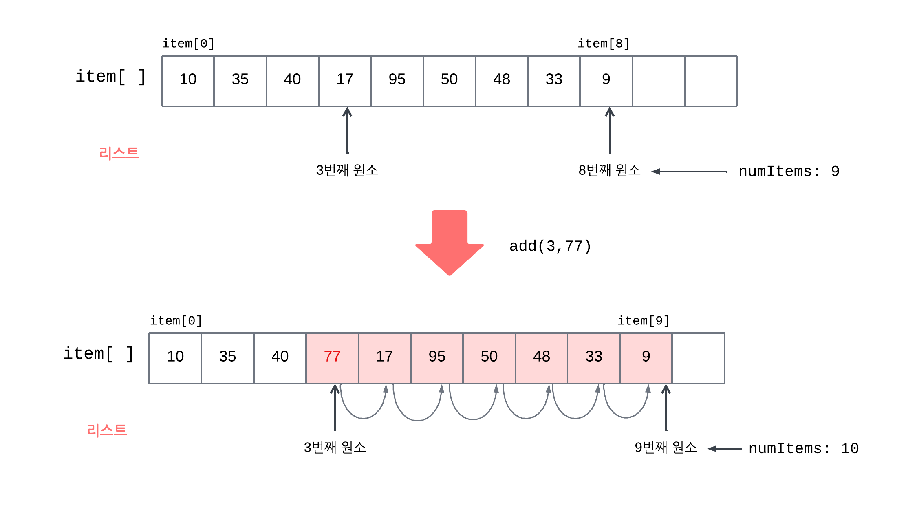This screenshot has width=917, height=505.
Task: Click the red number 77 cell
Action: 332,357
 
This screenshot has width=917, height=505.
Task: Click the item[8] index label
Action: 604,44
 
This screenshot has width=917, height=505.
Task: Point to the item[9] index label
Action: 644,321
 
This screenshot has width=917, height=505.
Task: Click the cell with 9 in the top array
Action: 606,80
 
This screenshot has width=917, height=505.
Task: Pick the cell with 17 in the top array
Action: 345,80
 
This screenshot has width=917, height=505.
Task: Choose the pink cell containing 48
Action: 541,357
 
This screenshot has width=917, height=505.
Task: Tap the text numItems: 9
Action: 789,172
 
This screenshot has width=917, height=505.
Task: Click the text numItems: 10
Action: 803,449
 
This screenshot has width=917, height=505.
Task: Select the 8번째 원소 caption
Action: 609,170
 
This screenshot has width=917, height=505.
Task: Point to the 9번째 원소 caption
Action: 666,448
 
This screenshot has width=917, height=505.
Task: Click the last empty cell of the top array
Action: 711,81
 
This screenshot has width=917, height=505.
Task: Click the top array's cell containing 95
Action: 397,80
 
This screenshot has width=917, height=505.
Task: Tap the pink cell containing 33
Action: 594,357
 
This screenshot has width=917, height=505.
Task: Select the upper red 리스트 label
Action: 119,153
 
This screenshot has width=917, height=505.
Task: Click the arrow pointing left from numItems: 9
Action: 689,172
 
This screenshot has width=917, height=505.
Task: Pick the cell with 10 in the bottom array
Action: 175,357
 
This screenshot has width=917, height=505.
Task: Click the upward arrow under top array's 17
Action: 347,130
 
